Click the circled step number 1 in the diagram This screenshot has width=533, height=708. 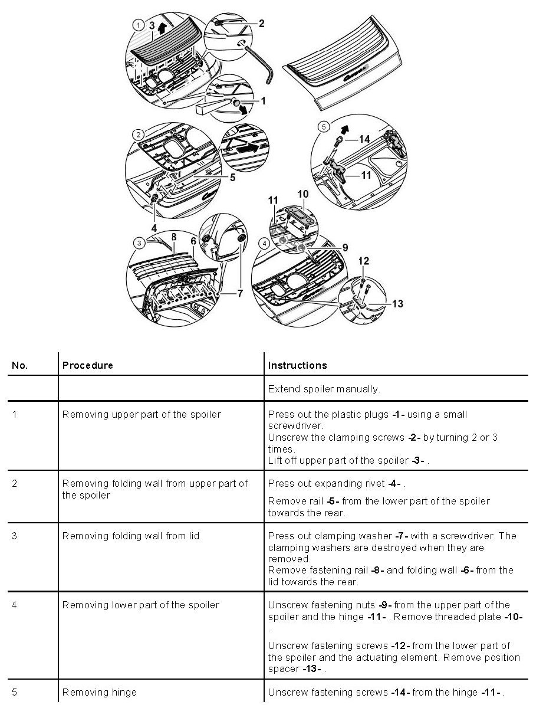pyautogui.click(x=137, y=25)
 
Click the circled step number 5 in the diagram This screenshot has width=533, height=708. pyautogui.click(x=323, y=126)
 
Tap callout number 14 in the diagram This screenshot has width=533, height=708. pyautogui.click(x=364, y=139)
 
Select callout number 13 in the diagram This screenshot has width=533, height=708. pyautogui.click(x=397, y=303)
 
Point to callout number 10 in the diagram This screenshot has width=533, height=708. pyautogui.click(x=302, y=194)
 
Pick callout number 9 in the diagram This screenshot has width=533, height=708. pyautogui.click(x=345, y=247)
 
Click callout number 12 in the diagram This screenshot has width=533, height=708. pyautogui.click(x=364, y=260)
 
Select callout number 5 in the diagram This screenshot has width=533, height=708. pyautogui.click(x=232, y=177)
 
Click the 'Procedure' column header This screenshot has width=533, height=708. pyautogui.click(x=87, y=365)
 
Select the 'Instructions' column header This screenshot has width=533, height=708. pyautogui.click(x=297, y=365)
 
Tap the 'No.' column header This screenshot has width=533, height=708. pyautogui.click(x=19, y=365)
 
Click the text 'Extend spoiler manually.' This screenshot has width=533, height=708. pyautogui.click(x=324, y=389)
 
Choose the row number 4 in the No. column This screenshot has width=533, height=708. pyautogui.click(x=15, y=605)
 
